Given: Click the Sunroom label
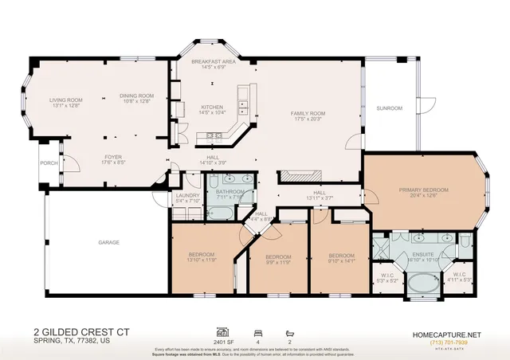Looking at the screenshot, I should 390,108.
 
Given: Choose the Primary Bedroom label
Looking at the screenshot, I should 423,190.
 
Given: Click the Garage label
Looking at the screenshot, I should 108,241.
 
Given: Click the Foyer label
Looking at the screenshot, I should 113,157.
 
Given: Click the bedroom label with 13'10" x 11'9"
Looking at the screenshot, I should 202,256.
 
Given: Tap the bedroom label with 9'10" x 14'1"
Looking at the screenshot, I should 340,256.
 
